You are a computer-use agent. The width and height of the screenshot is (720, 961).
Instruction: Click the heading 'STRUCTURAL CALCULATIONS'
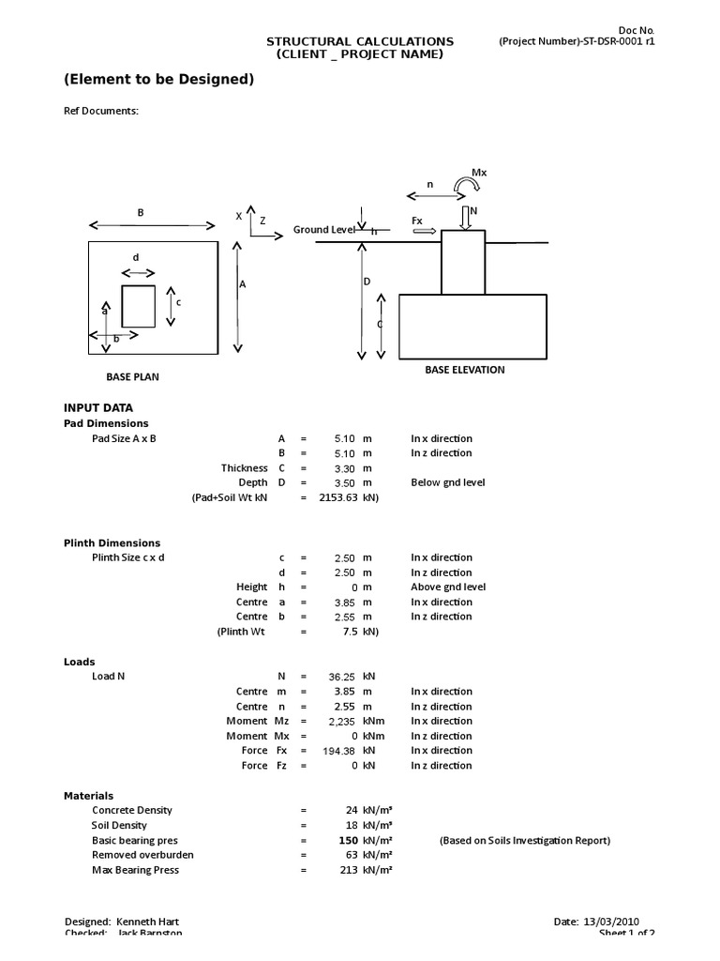click(x=360, y=41)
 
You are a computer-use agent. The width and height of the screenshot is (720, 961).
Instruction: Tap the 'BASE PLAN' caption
click(x=132, y=377)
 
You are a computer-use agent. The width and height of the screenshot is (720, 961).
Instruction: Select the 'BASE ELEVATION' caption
click(x=464, y=370)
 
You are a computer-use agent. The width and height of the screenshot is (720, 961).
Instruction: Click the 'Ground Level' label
click(x=324, y=230)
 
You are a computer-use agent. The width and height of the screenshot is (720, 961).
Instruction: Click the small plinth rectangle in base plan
click(x=138, y=306)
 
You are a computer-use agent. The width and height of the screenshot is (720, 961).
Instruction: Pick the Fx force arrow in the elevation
click(x=424, y=230)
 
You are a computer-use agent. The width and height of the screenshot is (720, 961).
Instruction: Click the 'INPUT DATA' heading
click(x=97, y=408)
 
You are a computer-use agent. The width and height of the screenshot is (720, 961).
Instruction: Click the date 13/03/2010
click(x=613, y=922)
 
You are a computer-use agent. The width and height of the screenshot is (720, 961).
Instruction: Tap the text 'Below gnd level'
click(x=447, y=482)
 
